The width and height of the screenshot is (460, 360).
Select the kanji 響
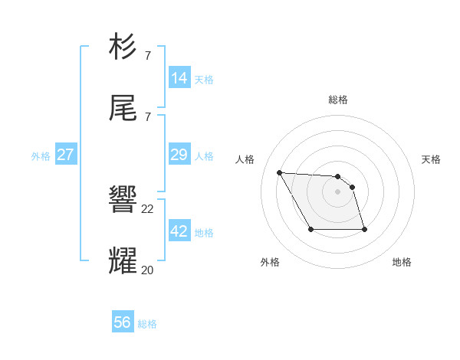point(123,201)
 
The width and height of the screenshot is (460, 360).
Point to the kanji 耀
point(123,260)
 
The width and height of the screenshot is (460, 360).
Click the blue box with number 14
point(179,77)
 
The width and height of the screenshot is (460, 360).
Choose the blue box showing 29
point(179,155)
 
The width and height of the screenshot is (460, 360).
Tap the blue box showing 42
point(179,231)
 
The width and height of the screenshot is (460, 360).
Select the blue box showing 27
point(66,155)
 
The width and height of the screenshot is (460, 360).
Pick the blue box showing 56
point(123,322)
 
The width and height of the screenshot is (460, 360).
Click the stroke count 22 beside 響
point(148,209)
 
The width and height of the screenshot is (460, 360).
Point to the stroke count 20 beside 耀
point(148,270)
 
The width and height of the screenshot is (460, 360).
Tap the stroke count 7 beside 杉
point(147,55)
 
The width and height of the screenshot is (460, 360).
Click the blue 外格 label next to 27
point(41,156)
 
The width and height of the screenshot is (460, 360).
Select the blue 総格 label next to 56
point(147,324)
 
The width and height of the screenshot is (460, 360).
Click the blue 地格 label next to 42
point(204,233)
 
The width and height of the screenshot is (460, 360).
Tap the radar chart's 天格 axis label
point(431,159)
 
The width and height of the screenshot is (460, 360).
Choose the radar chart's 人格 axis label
point(245,159)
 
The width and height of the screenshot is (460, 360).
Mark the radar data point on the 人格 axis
point(280,172)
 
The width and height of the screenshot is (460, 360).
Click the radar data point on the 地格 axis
point(364,230)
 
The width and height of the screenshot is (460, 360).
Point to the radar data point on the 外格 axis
point(310,230)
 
